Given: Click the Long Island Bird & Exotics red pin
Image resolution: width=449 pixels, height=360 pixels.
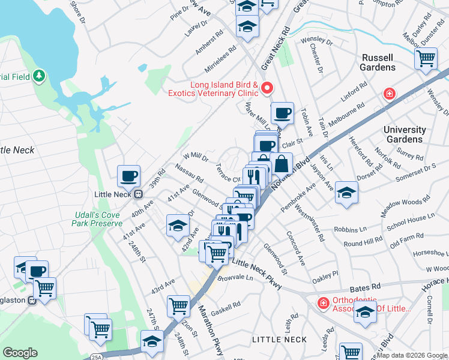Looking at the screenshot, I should point(267,89).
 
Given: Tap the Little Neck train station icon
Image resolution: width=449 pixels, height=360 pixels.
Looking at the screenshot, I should point(139,194).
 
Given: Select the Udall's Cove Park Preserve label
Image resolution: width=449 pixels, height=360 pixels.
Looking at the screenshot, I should point(97,219).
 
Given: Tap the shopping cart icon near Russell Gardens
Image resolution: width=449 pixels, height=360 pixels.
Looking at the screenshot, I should point(426,59).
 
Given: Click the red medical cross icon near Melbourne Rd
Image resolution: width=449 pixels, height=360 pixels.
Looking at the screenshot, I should point(390,94).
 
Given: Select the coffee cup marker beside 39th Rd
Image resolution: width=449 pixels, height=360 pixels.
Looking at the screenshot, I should point(128,176).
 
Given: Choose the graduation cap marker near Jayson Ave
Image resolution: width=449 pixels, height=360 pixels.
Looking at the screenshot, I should point(346,193).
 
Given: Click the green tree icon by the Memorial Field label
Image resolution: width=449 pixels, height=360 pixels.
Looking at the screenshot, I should point(40,76).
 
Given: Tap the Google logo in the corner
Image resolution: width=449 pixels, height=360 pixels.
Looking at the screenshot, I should point(20,353).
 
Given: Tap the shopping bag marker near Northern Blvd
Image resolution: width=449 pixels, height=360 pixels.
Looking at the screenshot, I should point(281,163).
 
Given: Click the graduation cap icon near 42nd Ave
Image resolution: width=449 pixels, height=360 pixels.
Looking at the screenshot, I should point(178,226).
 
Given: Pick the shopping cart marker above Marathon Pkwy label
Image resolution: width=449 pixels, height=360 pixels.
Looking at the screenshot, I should point(179,305).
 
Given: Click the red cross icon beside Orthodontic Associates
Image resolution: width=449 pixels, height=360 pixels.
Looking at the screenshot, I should point(323,304).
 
